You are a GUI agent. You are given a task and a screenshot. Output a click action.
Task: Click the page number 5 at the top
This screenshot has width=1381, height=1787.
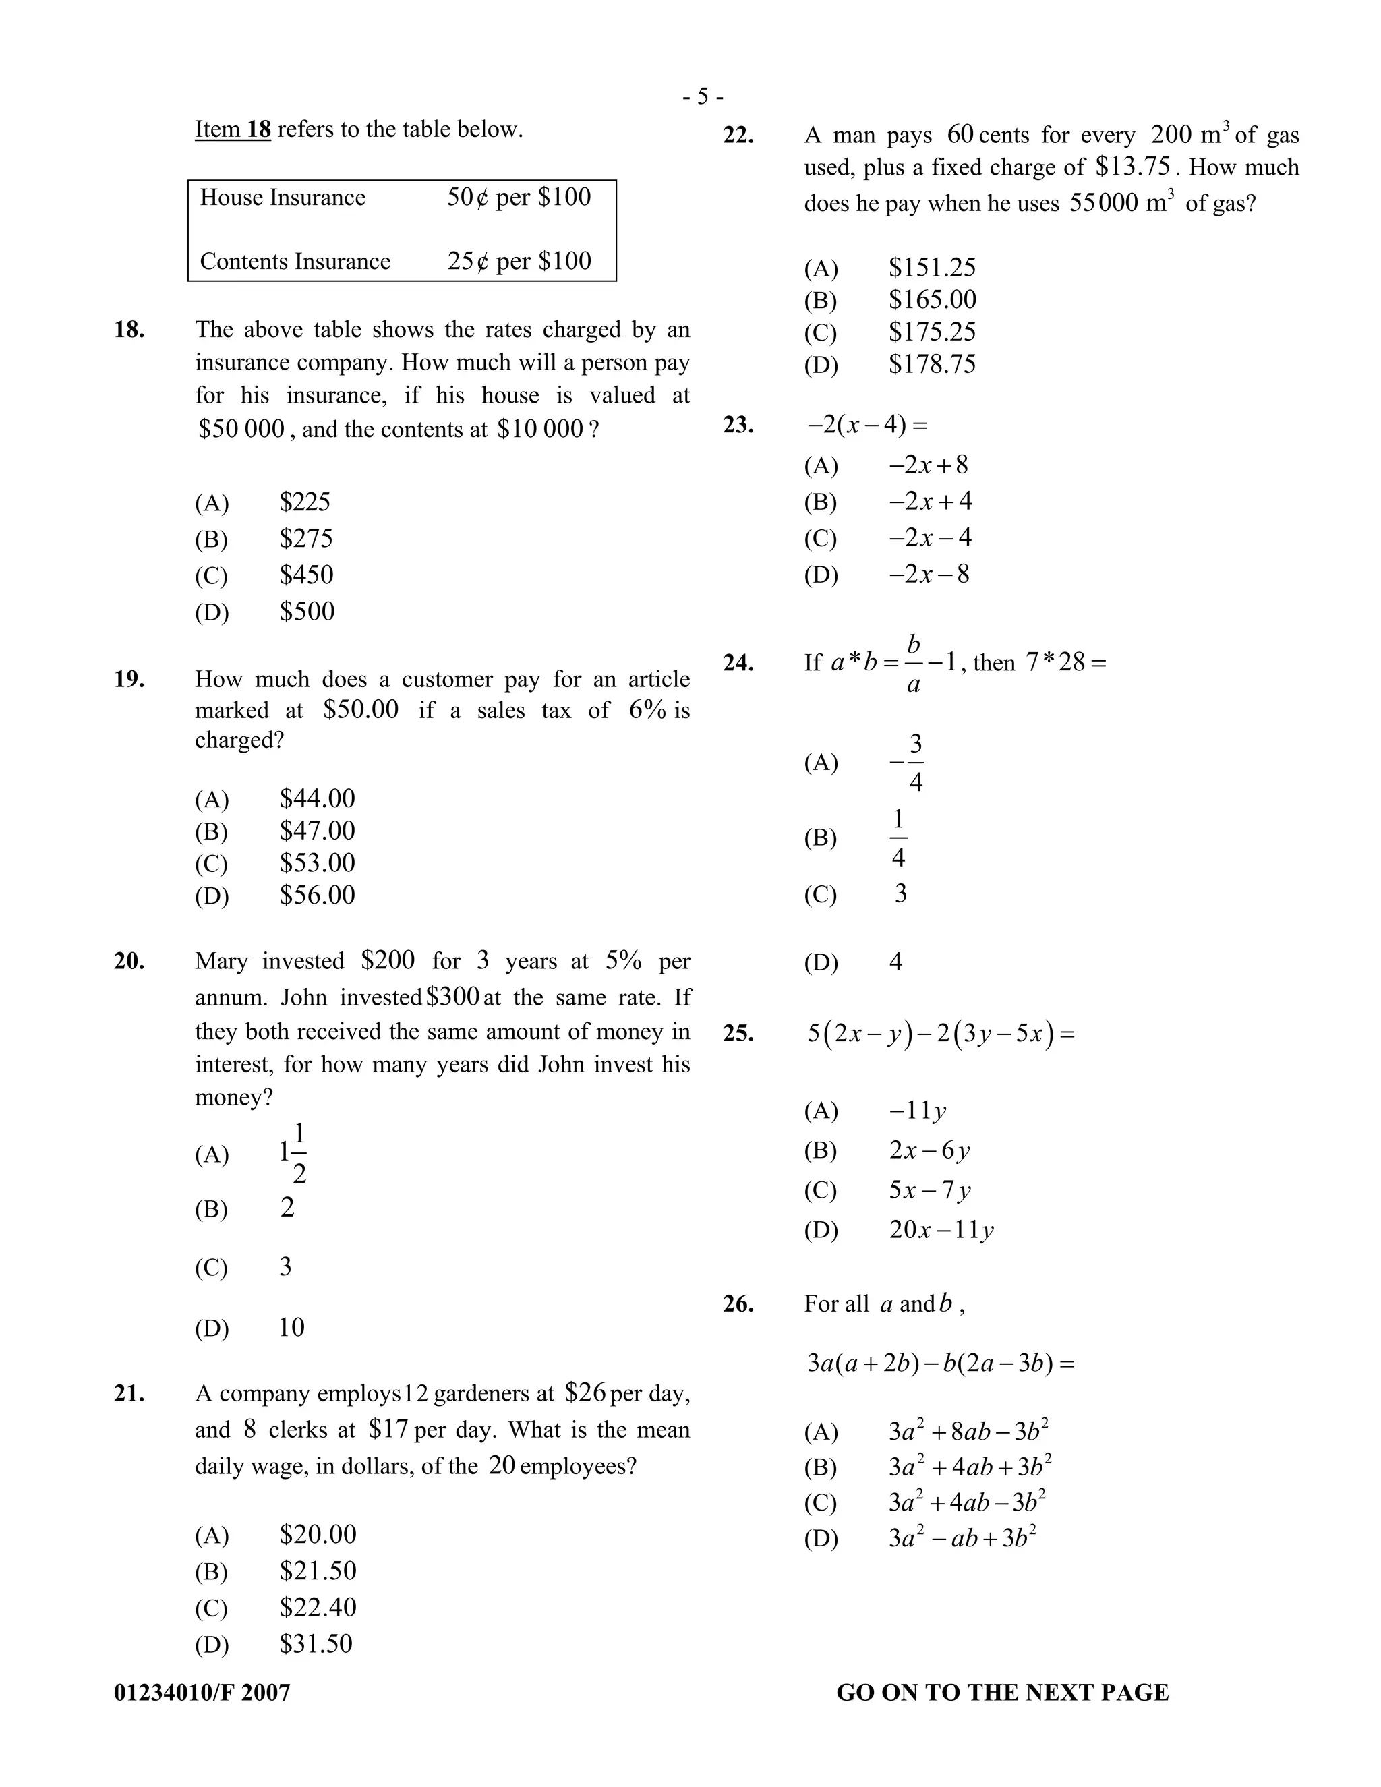[x=703, y=97]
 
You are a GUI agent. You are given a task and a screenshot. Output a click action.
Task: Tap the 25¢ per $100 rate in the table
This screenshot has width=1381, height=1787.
[x=519, y=261]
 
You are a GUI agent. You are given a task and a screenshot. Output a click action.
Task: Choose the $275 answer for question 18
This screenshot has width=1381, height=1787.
[x=306, y=538]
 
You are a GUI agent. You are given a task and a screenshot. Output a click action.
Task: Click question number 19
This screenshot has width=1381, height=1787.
[x=129, y=679]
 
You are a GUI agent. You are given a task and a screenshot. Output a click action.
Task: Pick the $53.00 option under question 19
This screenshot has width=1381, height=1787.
[x=318, y=863]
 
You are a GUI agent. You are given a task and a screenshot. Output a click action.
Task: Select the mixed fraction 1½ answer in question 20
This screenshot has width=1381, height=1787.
[x=293, y=1154]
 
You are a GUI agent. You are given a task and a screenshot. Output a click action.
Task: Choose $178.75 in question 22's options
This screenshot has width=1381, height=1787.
[x=932, y=364]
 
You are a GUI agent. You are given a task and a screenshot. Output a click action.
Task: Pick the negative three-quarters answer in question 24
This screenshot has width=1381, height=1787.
[x=908, y=763]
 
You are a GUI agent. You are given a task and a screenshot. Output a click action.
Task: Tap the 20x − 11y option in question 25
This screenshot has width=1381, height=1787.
[x=941, y=1230]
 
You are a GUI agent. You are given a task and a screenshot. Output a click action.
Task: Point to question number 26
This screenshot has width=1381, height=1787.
[x=738, y=1304]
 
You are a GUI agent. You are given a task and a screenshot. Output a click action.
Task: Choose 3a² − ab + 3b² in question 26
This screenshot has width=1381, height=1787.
[x=962, y=1538]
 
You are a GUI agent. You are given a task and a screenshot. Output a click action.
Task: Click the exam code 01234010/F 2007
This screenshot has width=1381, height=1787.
[x=202, y=1692]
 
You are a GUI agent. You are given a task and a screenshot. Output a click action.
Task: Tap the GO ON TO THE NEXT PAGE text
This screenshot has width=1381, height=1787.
[x=1002, y=1692]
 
